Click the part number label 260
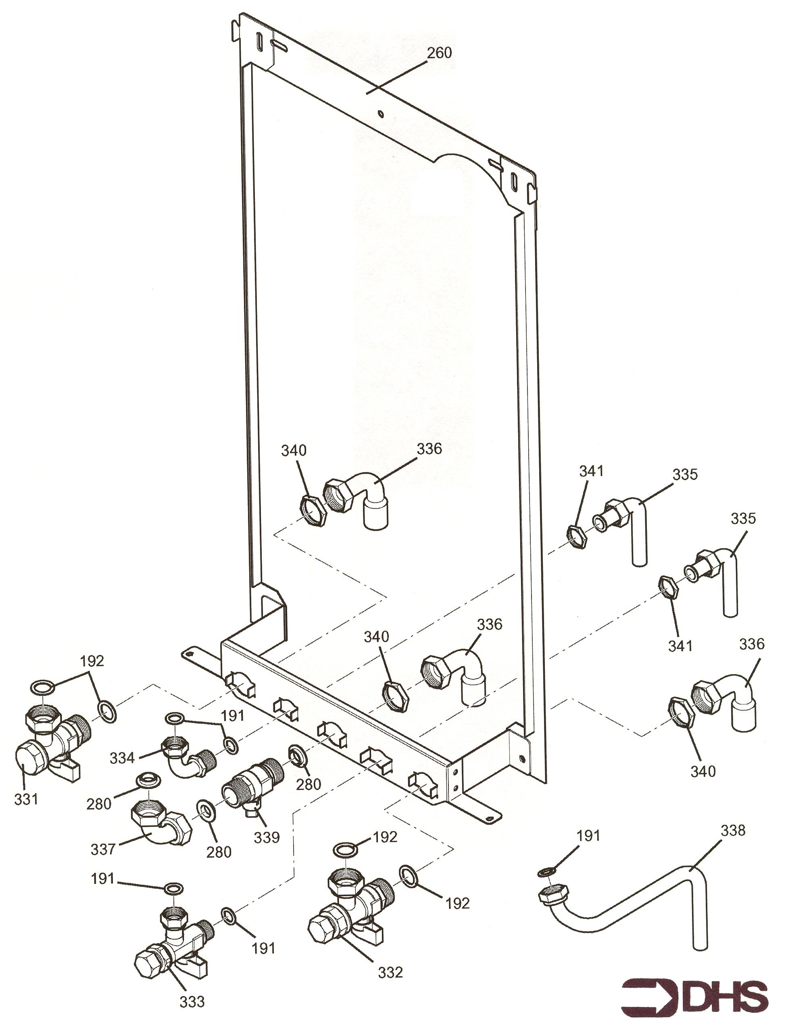tap(439, 53)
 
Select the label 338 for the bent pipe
tap(733, 830)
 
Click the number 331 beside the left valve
tap(26, 800)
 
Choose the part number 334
tap(122, 758)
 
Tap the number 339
tap(267, 837)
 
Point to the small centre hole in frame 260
tap(381, 114)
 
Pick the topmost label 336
tap(429, 449)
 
